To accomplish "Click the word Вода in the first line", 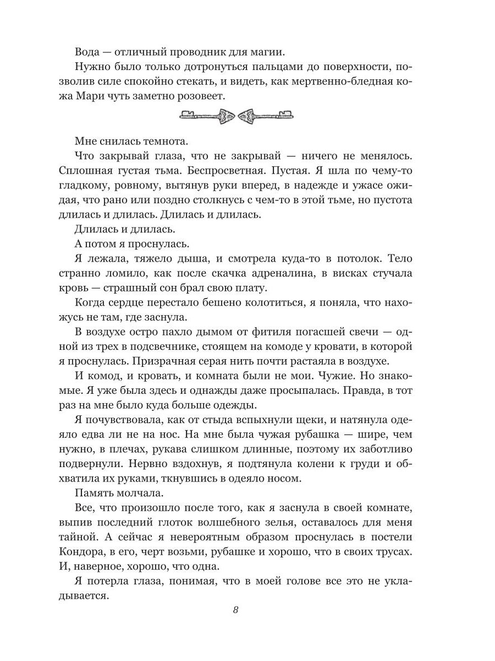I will pyautogui.click(x=89, y=52).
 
